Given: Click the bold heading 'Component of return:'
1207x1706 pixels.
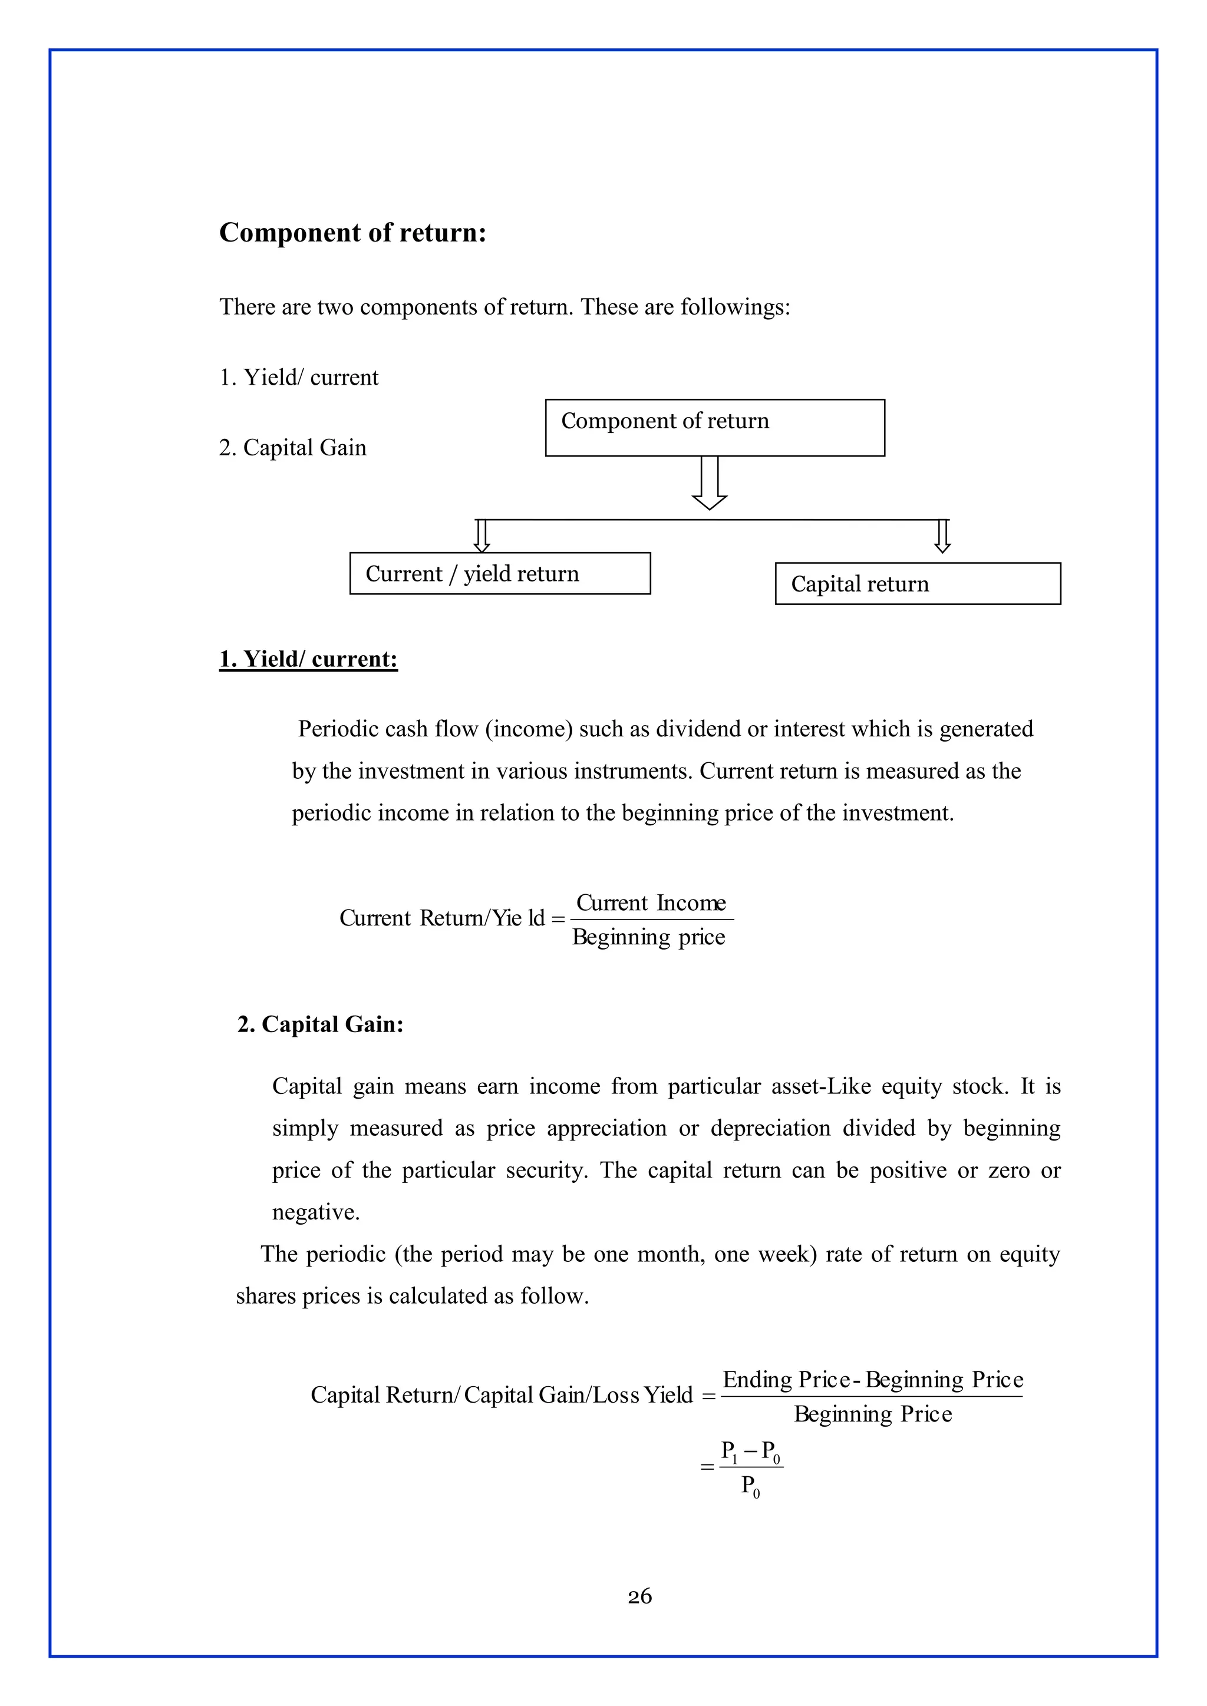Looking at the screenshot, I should (x=352, y=233).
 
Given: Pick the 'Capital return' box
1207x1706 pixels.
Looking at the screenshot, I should (x=917, y=583).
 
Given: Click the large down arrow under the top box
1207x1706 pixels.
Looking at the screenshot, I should (x=709, y=483).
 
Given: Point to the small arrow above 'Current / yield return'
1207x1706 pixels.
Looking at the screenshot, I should (x=482, y=535).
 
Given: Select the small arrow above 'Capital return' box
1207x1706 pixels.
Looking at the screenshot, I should (x=942, y=535).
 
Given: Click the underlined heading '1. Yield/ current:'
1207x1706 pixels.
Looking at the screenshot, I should (x=308, y=659).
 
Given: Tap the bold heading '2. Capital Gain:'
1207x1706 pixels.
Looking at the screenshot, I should (x=321, y=1024).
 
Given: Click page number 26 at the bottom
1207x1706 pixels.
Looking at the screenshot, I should (x=639, y=1596).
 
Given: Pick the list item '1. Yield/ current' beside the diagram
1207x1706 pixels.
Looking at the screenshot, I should (x=298, y=378).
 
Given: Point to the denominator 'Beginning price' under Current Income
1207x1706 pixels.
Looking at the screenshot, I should (x=648, y=937).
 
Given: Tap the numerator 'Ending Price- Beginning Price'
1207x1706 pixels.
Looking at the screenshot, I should (x=873, y=1380).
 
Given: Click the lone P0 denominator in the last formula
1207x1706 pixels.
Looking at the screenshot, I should (x=751, y=1487).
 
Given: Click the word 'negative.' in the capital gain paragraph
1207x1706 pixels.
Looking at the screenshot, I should (x=316, y=1212).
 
